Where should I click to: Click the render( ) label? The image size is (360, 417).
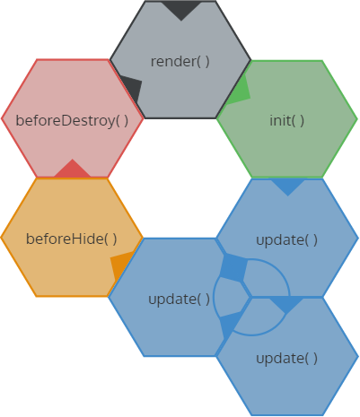click(180, 61)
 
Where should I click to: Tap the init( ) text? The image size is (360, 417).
click(286, 120)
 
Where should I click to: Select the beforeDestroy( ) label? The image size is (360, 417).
click(72, 119)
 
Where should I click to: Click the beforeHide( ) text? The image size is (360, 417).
click(72, 239)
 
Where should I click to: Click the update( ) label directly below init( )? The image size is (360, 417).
click(286, 239)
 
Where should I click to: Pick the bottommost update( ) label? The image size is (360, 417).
click(286, 358)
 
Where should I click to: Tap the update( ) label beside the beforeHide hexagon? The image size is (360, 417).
click(179, 299)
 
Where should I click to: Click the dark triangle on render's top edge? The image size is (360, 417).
click(181, 10)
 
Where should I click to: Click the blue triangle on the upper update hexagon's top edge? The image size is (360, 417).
click(287, 186)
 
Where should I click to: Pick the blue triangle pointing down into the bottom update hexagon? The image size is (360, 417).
click(285, 304)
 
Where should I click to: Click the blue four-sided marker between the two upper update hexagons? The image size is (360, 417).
click(233, 268)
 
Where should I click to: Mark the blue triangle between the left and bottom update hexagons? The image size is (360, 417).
click(230, 324)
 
